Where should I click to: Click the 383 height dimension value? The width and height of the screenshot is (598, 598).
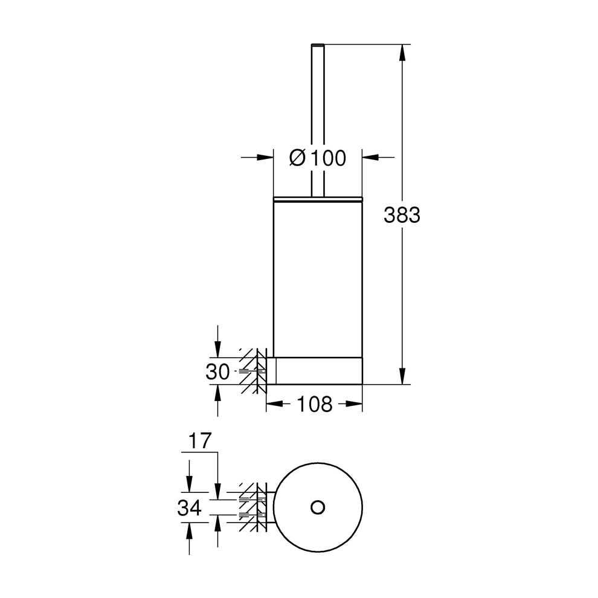coord(402,214)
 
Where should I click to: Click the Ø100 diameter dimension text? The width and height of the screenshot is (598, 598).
coord(318,158)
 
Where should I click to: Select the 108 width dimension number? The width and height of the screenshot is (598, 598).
coord(314,404)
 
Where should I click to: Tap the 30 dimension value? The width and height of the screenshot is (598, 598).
coord(217,372)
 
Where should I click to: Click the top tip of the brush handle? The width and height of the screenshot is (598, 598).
coord(318,46)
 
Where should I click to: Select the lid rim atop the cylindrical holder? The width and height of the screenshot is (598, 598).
coord(318,198)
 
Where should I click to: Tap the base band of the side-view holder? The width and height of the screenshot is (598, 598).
coord(318,370)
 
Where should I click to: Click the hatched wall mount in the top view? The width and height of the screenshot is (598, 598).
coord(254,507)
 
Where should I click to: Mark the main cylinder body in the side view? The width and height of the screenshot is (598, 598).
coord(318,278)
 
